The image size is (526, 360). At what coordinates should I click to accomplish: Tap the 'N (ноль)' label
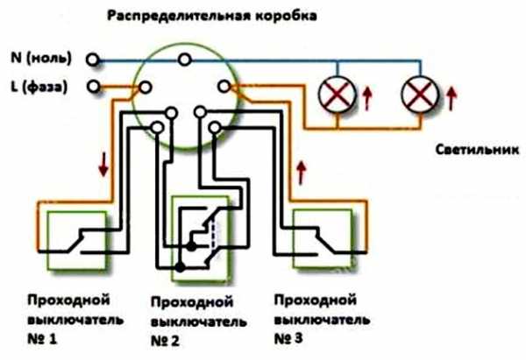click(x=43, y=60)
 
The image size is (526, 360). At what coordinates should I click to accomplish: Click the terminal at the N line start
click(x=93, y=60)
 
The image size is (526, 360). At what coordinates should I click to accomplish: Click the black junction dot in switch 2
click(x=181, y=265)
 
